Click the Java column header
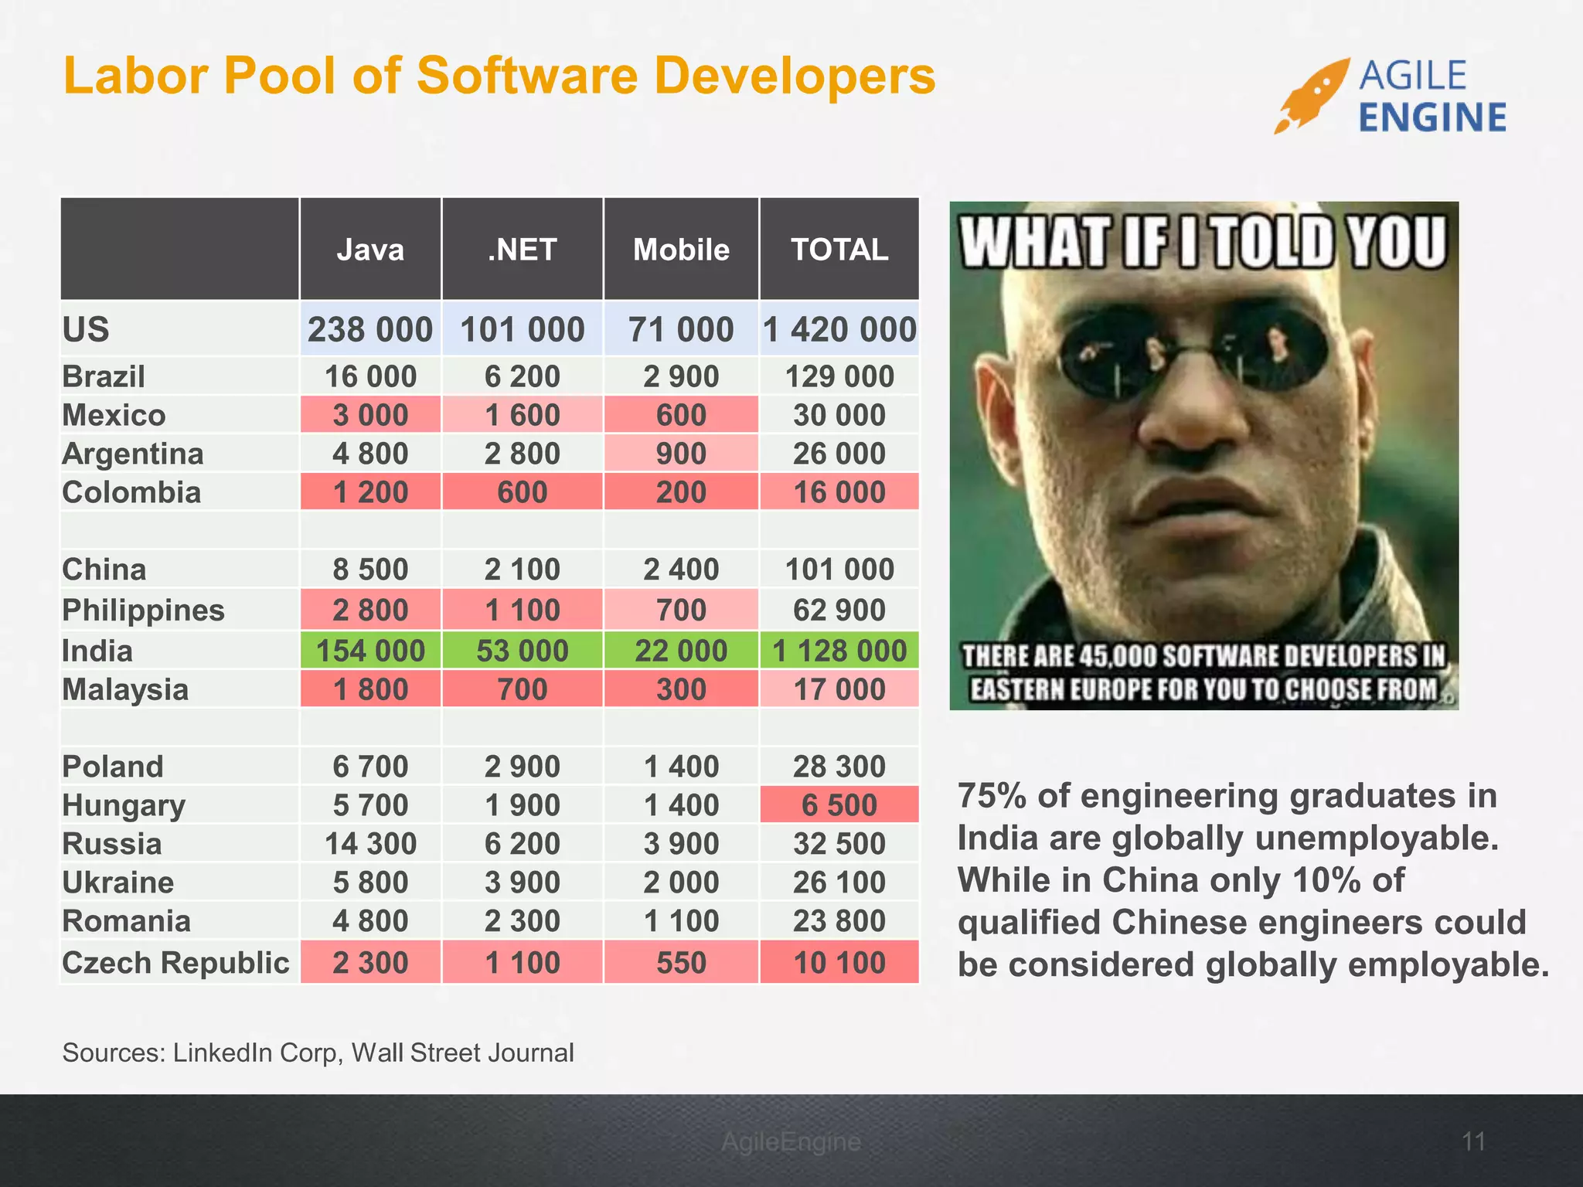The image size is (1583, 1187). click(x=370, y=250)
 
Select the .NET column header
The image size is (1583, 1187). click(x=522, y=250)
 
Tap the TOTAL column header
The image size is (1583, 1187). click(x=839, y=250)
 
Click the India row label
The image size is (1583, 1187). click(x=97, y=651)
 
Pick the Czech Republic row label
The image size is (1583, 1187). click(x=175, y=963)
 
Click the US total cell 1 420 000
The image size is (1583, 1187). click(x=839, y=330)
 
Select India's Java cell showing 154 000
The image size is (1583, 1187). click(x=370, y=651)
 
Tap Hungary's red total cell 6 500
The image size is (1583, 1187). click(x=839, y=805)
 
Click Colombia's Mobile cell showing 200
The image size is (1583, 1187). click(x=681, y=492)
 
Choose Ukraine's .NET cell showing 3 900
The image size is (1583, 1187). click(x=522, y=883)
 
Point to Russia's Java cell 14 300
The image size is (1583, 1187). click(x=370, y=844)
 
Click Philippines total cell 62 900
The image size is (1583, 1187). click(x=839, y=611)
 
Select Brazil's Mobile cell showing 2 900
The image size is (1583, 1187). click(x=681, y=376)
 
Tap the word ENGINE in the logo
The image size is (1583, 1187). click(x=1432, y=118)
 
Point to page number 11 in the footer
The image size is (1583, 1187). click(x=1473, y=1141)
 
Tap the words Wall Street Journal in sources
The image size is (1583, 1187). click(x=462, y=1053)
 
